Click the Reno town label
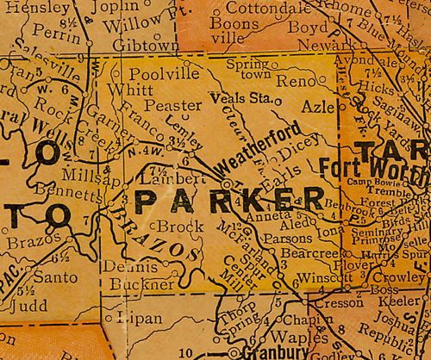(300, 79)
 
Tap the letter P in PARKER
(149, 202)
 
